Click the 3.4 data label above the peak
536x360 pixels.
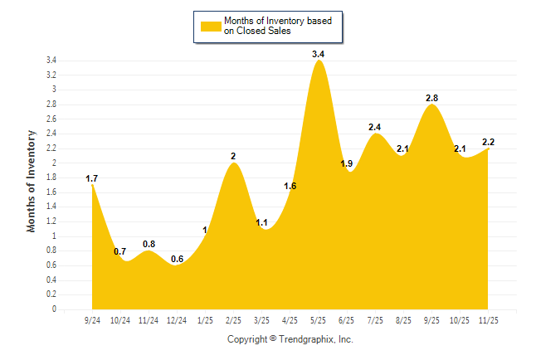pyautogui.click(x=318, y=54)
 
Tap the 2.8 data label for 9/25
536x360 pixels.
pyautogui.click(x=431, y=98)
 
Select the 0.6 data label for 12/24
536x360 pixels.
pyautogui.click(x=177, y=259)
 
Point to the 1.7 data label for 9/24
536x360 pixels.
pyautogui.click(x=92, y=178)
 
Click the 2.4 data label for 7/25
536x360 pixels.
pyautogui.click(x=375, y=127)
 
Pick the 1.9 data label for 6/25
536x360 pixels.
pyautogui.click(x=347, y=163)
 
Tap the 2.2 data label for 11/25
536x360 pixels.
pyautogui.click(x=489, y=142)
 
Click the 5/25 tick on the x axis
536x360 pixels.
pyautogui.click(x=318, y=319)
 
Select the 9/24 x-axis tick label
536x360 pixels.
pyautogui.click(x=92, y=319)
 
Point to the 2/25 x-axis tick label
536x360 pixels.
pyautogui.click(x=233, y=319)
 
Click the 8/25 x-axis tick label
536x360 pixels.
pyautogui.click(x=403, y=319)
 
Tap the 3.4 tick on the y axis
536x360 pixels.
pyautogui.click(x=51, y=61)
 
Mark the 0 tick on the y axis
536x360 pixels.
pyautogui.click(x=54, y=309)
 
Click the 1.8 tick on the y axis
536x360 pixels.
pyautogui.click(x=51, y=178)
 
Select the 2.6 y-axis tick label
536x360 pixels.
pyautogui.click(x=51, y=119)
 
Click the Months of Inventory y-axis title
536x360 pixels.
pyautogui.click(x=32, y=180)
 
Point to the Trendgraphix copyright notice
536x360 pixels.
pyautogui.click(x=290, y=339)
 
